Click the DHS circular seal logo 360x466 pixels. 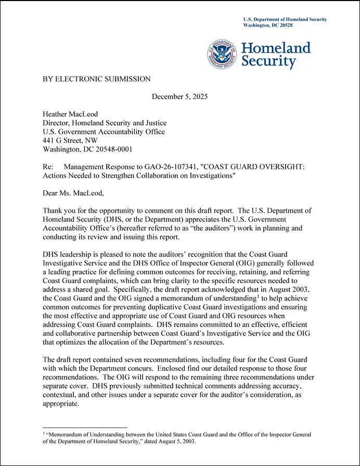[x=223, y=54]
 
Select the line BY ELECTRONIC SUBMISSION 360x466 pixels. [x=97, y=79]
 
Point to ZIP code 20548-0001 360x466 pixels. [x=114, y=149]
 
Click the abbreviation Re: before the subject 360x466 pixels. [x=49, y=167]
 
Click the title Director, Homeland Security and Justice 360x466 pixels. [x=105, y=123]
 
